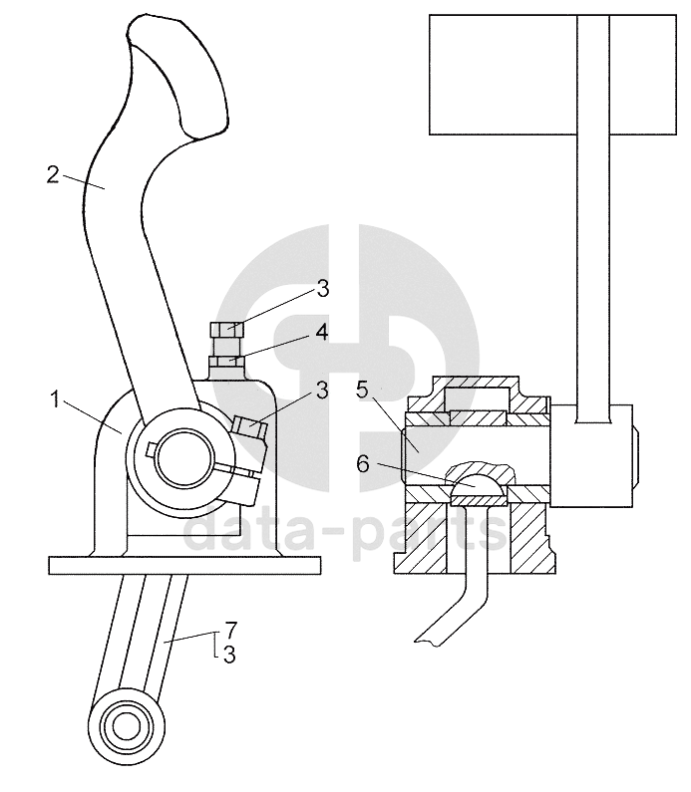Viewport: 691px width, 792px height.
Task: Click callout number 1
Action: [x=55, y=400]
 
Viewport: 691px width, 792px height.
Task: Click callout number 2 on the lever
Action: [x=53, y=174]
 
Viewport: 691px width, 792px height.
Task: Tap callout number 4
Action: [x=322, y=333]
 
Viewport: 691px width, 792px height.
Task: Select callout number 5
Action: [x=361, y=390]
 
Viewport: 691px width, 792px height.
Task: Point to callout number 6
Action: [x=363, y=463]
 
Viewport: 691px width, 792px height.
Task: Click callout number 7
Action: [x=230, y=631]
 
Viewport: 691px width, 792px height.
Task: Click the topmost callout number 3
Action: [x=322, y=289]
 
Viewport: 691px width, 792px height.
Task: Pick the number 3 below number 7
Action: [x=229, y=655]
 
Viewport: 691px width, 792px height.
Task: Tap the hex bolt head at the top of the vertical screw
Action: [x=227, y=331]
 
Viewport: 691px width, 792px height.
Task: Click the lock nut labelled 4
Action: [x=227, y=361]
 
